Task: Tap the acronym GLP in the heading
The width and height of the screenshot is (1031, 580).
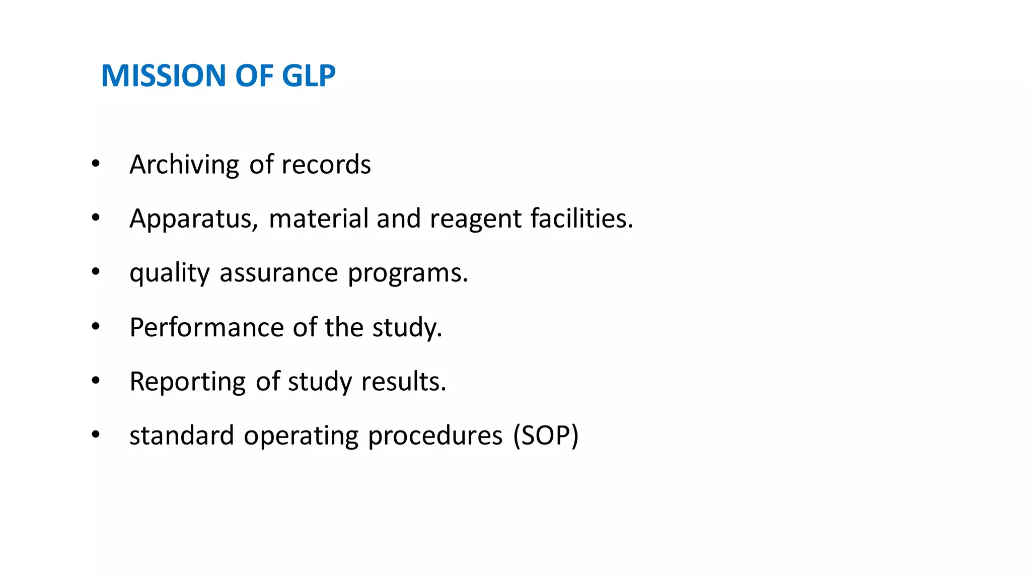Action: tap(308, 76)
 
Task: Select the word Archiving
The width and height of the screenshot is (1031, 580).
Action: tap(184, 165)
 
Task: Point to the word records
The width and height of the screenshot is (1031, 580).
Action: tap(326, 165)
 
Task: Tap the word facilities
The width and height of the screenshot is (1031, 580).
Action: tap(581, 219)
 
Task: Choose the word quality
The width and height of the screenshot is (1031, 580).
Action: tap(169, 273)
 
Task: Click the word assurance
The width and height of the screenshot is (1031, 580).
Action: tap(279, 273)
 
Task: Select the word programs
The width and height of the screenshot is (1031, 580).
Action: tap(408, 273)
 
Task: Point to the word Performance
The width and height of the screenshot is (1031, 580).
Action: tap(206, 328)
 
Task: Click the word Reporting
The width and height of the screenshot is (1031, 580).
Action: tap(187, 382)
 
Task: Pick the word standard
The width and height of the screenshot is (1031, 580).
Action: tap(182, 436)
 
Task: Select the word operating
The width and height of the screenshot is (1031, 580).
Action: tap(301, 437)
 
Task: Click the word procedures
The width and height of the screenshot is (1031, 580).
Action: tap(435, 436)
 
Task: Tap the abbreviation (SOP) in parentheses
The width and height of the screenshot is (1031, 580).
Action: tap(546, 436)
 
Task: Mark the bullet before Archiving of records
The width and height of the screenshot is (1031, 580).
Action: tap(96, 163)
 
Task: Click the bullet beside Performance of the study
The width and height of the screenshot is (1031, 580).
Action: tap(96, 326)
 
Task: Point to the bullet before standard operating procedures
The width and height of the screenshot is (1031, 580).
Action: tap(96, 434)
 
